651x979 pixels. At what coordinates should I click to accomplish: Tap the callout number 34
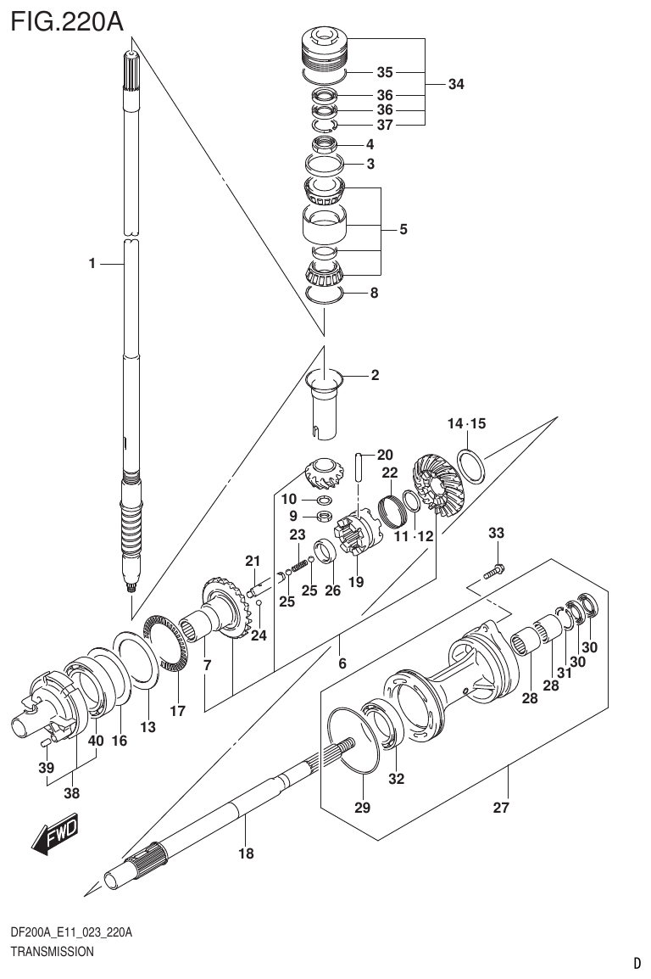point(456,85)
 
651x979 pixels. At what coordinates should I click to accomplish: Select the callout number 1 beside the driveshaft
point(92,264)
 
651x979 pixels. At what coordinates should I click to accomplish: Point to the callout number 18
point(246,853)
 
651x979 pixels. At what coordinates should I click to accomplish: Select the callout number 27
point(501,808)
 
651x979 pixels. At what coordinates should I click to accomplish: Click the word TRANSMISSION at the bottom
point(52,952)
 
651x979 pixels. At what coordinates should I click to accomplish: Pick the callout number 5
point(403,229)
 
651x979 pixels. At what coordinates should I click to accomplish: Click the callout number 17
point(177,711)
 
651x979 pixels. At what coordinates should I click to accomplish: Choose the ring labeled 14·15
point(472,464)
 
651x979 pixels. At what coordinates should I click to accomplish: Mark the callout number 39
point(47,768)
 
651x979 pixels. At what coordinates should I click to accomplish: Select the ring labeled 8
point(322,294)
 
